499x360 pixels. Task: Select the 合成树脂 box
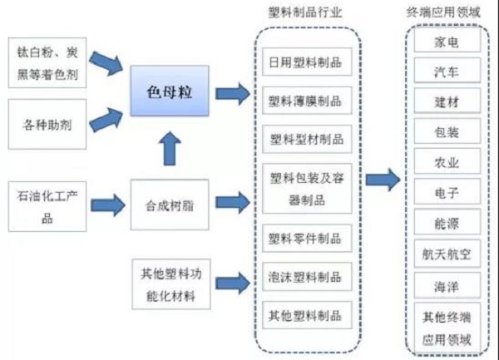169,200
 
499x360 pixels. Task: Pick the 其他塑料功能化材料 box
169,282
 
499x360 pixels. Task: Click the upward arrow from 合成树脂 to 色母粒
169,149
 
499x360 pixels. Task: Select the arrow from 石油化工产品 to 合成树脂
108,202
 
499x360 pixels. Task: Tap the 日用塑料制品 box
305,62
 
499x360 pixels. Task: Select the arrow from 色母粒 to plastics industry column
231,93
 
